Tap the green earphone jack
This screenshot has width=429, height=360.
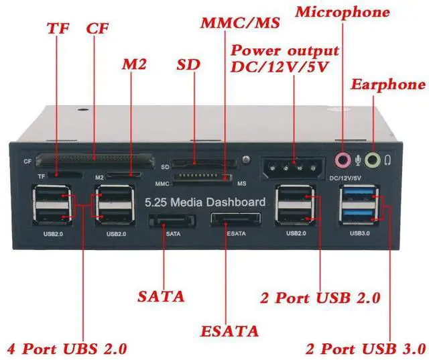[x=373, y=160]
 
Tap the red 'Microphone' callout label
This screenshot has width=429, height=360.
[x=342, y=12]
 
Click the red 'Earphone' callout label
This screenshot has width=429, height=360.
[x=388, y=85]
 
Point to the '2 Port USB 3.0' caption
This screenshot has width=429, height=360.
[x=365, y=349]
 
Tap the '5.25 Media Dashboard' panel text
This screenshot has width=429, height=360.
[x=205, y=202]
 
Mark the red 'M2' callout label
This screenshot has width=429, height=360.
[x=135, y=65]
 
